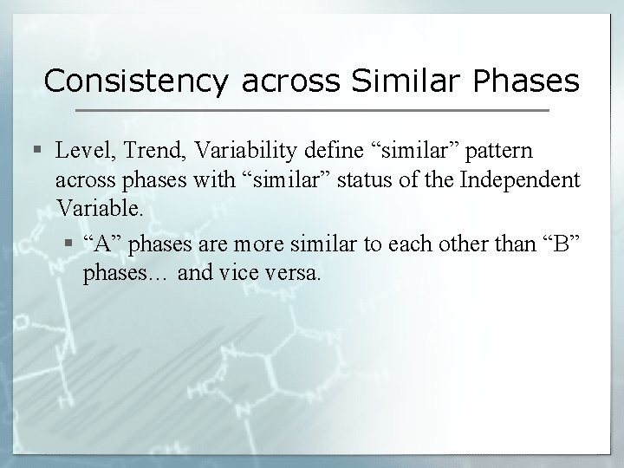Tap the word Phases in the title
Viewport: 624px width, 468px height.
pos(526,81)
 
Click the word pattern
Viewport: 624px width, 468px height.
pos(500,151)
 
